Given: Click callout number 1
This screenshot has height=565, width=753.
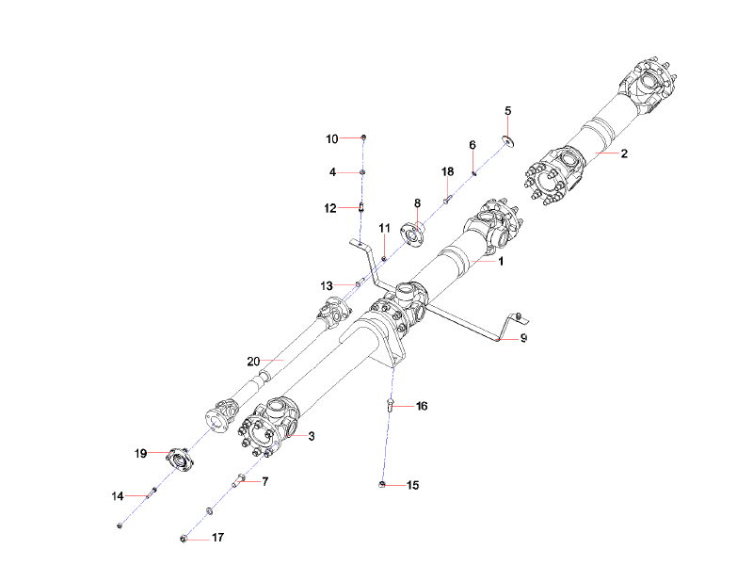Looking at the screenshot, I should tap(502, 261).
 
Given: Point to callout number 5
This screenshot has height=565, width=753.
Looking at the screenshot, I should tap(508, 111).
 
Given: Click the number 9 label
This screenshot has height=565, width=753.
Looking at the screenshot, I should tap(524, 337).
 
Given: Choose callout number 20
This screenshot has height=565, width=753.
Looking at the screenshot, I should tap(252, 361).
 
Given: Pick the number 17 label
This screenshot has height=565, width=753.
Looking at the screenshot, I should tap(217, 539).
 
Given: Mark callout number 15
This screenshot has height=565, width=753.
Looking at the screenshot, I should tap(412, 485).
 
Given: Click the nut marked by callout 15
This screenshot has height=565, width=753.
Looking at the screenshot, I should tap(383, 484).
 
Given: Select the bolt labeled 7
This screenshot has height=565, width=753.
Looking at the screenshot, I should tap(240, 481).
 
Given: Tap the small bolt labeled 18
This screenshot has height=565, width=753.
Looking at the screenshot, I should tap(448, 198).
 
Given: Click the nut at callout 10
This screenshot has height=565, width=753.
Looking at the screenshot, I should tap(363, 138).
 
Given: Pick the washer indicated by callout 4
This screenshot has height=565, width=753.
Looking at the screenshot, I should tap(363, 172).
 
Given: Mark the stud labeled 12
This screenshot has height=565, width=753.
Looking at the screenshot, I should tap(362, 207).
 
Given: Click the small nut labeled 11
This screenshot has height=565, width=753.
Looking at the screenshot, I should tap(384, 259).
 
